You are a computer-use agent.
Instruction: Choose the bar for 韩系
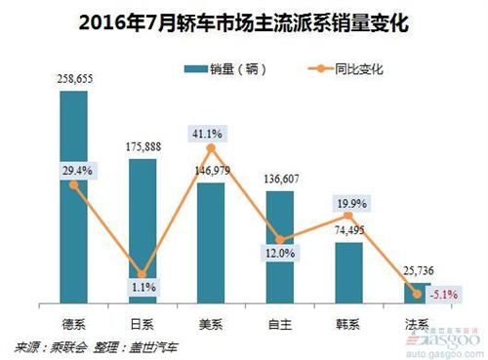(348, 273)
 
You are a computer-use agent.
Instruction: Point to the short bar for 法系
(417, 293)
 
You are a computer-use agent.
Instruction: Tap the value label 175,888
(142, 148)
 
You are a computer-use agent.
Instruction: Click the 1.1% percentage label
(143, 289)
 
